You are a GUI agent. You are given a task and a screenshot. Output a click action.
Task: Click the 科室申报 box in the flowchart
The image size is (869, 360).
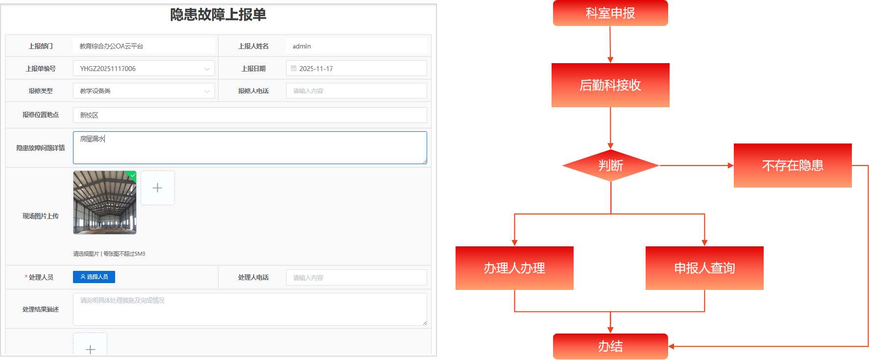click(610, 13)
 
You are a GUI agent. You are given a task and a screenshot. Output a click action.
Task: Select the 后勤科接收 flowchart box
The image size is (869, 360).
click(610, 85)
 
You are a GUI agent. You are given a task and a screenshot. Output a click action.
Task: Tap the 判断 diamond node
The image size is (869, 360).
click(610, 166)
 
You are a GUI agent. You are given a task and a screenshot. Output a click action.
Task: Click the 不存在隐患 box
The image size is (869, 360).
click(793, 166)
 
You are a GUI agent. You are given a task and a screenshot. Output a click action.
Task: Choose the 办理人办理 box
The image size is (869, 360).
click(514, 268)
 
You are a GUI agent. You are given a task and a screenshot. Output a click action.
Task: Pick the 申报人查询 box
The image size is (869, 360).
click(704, 268)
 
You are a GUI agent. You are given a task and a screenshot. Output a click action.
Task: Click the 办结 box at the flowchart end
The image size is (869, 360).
click(610, 346)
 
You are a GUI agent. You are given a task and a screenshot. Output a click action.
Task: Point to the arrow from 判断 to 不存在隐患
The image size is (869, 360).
click(696, 166)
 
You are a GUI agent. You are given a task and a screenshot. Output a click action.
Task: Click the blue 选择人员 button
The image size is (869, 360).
click(94, 277)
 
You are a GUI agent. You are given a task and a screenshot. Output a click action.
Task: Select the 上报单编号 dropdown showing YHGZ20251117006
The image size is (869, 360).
click(144, 69)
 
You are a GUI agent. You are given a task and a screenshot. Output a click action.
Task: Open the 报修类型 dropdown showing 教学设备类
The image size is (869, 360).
click(144, 91)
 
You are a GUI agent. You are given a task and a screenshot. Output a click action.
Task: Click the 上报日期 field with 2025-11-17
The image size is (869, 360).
click(356, 69)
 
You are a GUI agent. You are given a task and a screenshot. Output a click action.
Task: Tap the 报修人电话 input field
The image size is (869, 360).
click(356, 91)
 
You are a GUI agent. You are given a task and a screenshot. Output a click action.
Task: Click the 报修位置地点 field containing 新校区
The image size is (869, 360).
click(250, 115)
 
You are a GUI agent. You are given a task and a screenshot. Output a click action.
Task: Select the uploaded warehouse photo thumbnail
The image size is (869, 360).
click(105, 202)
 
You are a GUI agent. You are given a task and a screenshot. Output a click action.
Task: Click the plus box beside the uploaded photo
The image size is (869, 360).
click(157, 188)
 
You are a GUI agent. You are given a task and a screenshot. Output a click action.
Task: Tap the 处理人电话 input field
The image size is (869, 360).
click(356, 278)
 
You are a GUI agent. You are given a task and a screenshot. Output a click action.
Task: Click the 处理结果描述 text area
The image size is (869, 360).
click(250, 309)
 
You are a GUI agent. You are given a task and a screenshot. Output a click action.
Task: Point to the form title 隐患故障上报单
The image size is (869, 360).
click(218, 15)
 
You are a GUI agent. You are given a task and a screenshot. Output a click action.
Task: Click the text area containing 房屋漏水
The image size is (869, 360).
click(250, 147)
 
